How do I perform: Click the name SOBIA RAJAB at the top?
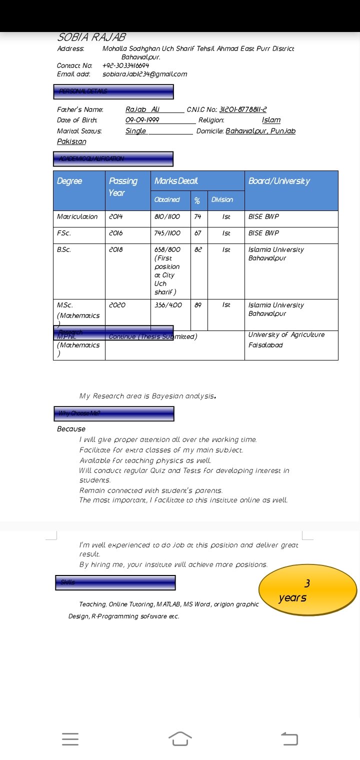[91, 37]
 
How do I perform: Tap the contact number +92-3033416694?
[125, 65]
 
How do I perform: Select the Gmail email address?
[144, 74]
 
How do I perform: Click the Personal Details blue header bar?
[113, 91]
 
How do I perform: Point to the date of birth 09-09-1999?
[142, 120]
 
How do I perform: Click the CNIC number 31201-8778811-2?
[243, 109]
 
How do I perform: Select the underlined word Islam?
[271, 120]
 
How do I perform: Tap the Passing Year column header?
[123, 186]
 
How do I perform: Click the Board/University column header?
[279, 181]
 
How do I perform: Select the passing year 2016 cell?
[115, 233]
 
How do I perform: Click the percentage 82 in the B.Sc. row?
[198, 249]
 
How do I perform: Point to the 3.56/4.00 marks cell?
[168, 305]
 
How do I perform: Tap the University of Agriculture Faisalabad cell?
[286, 340]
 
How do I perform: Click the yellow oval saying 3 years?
[307, 590]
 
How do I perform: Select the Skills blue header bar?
[115, 582]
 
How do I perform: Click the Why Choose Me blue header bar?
[114, 413]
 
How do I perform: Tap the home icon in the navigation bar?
[180, 738]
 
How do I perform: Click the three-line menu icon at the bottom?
[70, 739]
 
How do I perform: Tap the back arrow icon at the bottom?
[289, 738]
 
